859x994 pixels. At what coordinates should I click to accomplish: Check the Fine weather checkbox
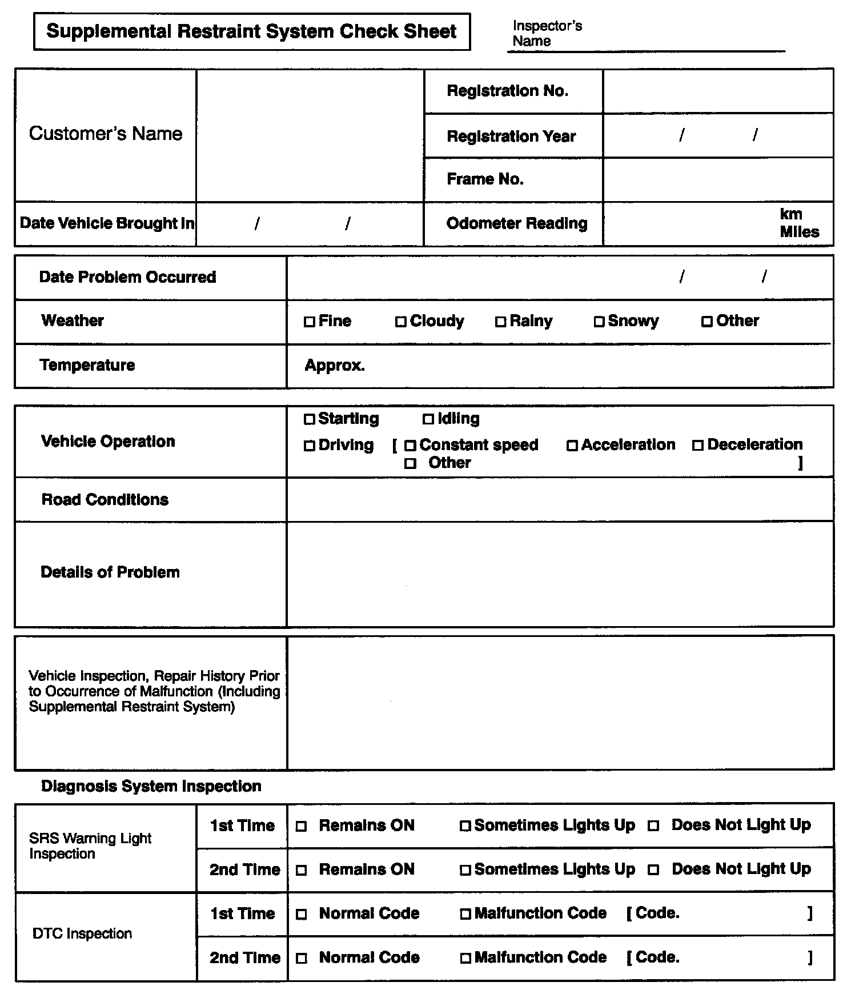click(310, 322)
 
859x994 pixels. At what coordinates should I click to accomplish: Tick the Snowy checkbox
click(599, 322)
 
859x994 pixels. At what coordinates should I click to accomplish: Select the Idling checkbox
click(428, 420)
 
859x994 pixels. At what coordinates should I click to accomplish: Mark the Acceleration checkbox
click(572, 446)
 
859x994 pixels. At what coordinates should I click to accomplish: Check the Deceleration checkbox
click(698, 446)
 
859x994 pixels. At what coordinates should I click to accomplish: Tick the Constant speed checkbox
click(410, 446)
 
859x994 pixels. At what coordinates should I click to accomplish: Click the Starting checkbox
click(310, 420)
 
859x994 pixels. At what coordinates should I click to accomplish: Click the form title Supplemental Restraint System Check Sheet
click(251, 31)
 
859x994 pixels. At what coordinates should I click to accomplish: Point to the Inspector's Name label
click(547, 33)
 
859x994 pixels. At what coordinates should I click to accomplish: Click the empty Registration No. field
click(718, 91)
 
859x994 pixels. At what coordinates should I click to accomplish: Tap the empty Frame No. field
click(718, 179)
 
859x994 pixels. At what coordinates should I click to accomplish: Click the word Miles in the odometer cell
click(799, 232)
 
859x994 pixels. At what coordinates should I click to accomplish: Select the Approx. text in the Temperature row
click(335, 366)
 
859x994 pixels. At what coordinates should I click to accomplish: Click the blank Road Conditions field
click(560, 500)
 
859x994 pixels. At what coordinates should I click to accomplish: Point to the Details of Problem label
click(110, 572)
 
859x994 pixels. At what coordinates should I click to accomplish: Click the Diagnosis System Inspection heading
click(151, 787)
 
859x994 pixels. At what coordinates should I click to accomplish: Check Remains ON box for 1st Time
click(302, 827)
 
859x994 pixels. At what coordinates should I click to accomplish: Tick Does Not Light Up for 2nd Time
click(654, 871)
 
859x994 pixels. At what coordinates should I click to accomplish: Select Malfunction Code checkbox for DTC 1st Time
click(465, 915)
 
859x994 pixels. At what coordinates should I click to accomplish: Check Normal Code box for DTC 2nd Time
click(302, 959)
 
